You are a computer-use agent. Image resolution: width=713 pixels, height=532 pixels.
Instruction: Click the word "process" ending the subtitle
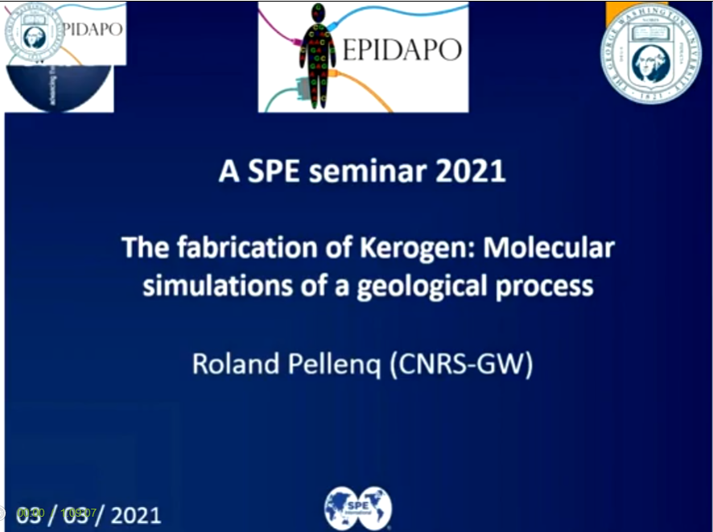coord(550,286)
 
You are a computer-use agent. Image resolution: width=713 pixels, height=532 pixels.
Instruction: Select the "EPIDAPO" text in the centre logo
coord(402,50)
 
